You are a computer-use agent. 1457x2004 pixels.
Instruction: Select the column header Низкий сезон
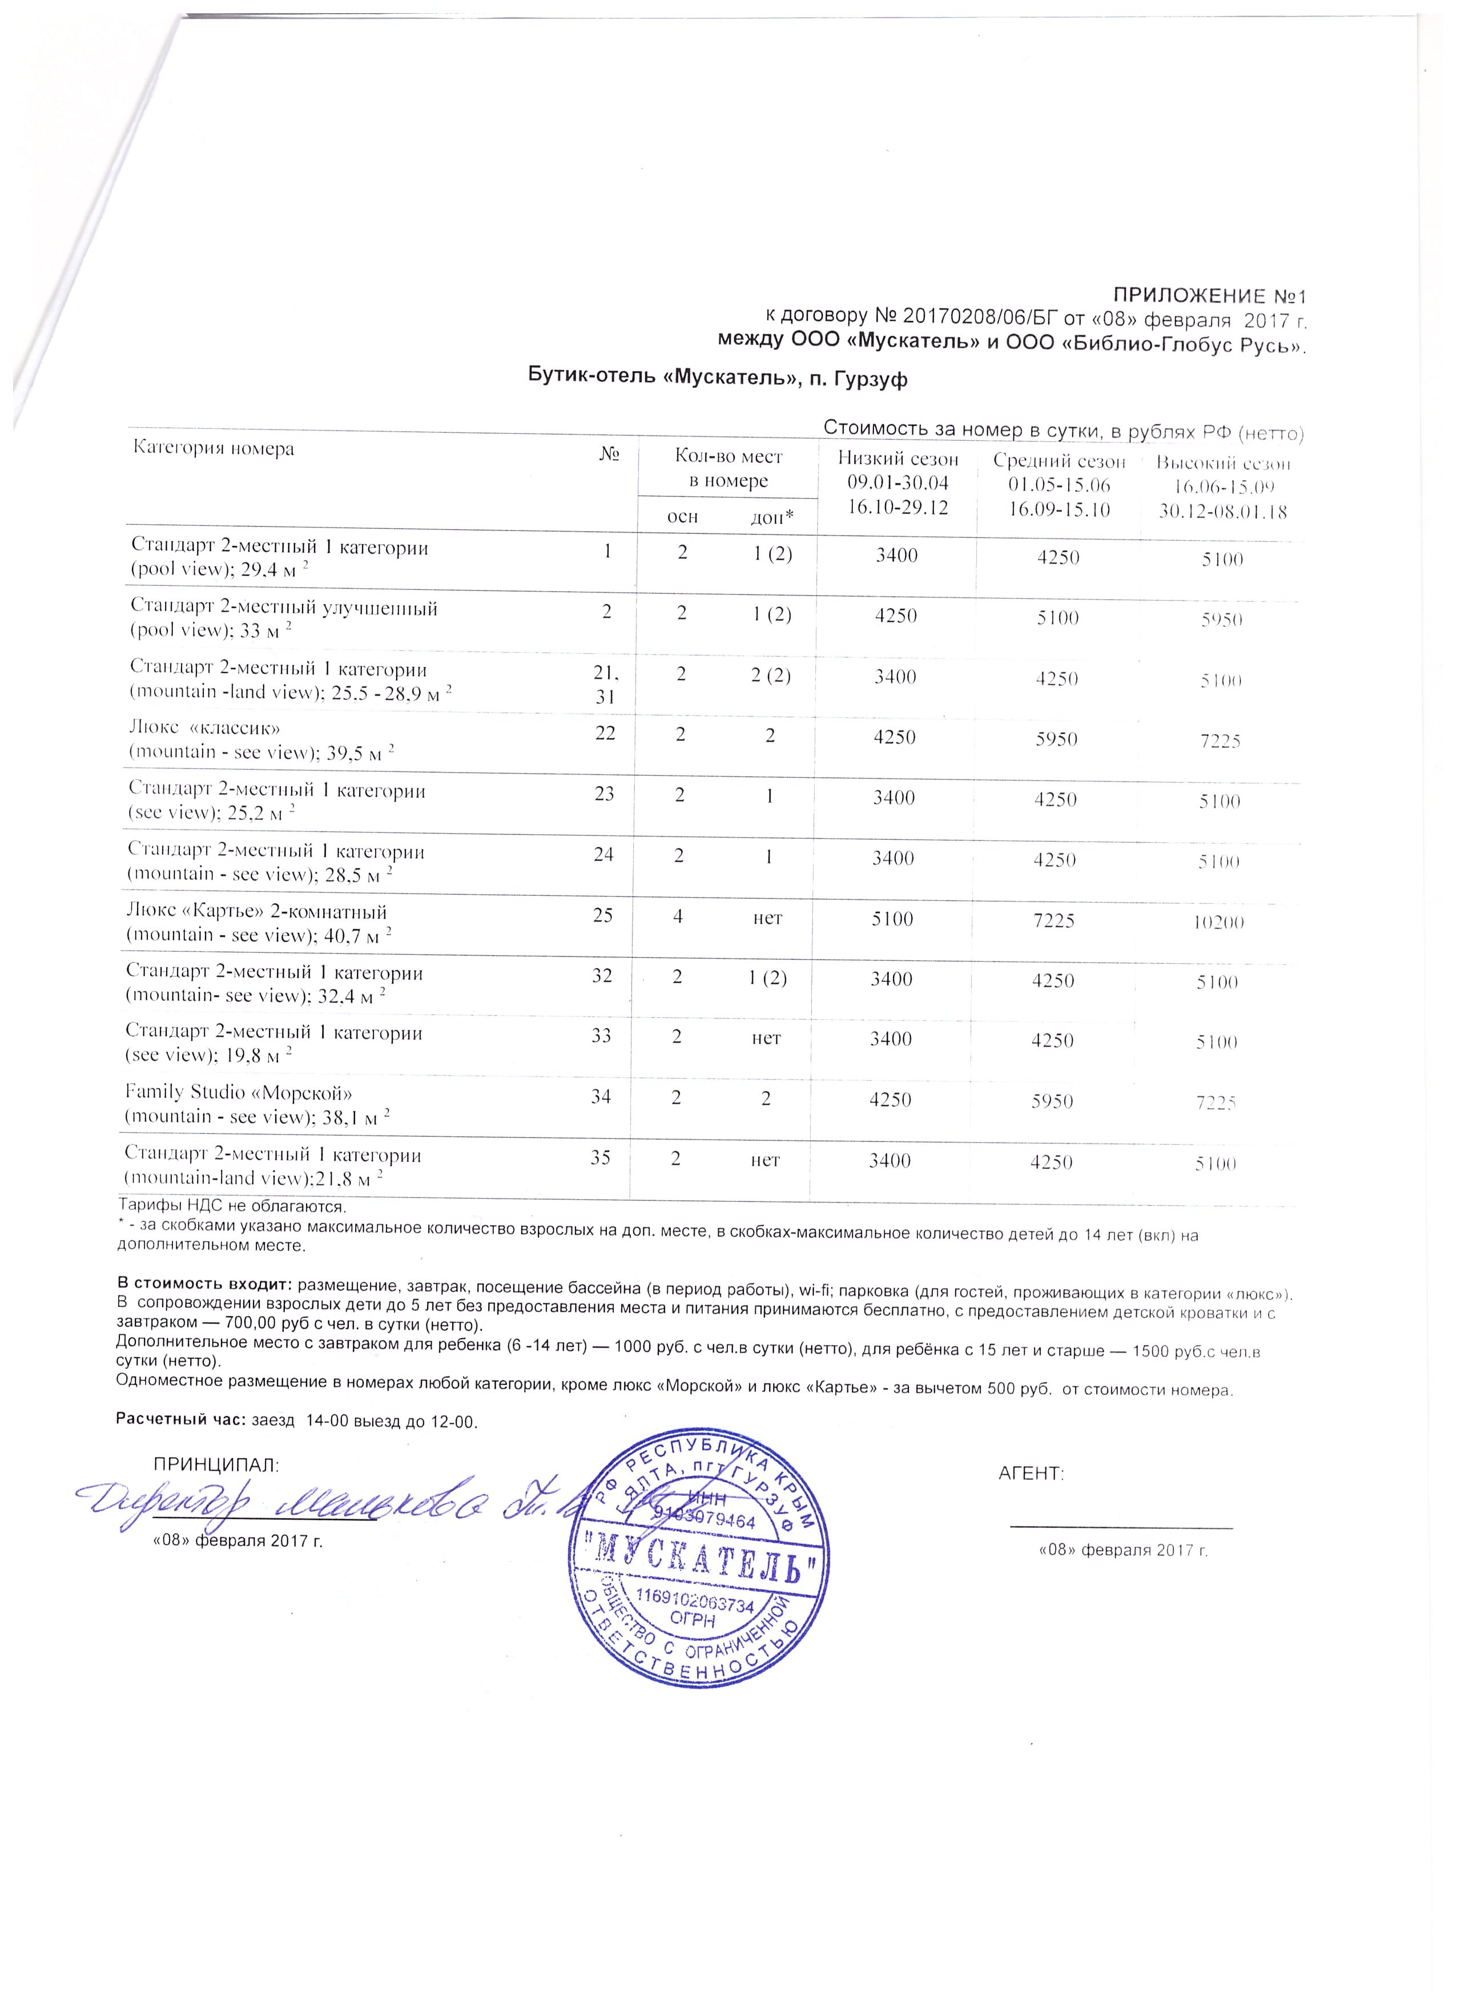point(897,460)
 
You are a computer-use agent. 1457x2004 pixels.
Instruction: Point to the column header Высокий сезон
point(1223,463)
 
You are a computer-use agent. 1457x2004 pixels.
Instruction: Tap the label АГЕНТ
point(1031,1473)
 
